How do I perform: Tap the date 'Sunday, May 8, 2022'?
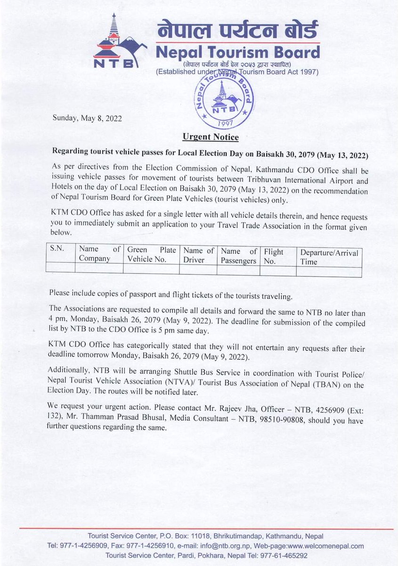pos(88,119)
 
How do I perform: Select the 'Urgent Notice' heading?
pos(210,138)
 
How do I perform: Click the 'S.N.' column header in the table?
pos(57,249)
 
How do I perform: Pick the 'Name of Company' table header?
pos(99,254)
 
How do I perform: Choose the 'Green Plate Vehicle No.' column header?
pos(151,254)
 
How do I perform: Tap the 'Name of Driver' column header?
pos(198,254)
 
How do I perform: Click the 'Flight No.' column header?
pos(275,255)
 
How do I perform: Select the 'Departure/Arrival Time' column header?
pos(329,257)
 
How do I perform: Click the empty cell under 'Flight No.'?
pos(278,270)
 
